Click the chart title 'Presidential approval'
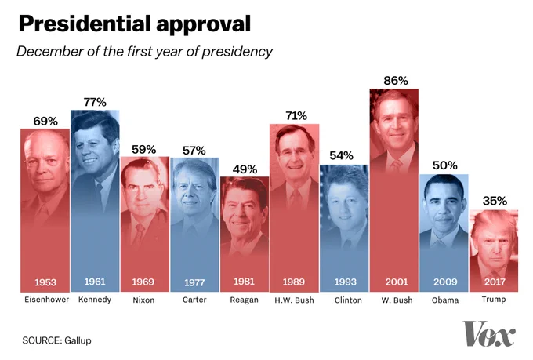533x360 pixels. click(x=134, y=24)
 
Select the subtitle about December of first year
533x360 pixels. click(x=144, y=52)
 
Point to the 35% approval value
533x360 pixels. click(x=494, y=201)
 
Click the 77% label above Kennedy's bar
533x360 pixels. click(x=94, y=102)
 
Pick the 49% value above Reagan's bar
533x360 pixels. click(x=243, y=169)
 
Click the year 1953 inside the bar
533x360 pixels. click(x=45, y=282)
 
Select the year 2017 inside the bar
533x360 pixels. click(x=494, y=282)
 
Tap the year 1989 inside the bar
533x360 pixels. click(x=294, y=282)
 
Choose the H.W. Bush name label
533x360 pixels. click(x=294, y=300)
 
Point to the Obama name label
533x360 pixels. click(x=444, y=300)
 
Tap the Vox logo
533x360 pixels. click(x=489, y=333)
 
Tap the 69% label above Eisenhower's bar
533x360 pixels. click(x=45, y=121)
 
